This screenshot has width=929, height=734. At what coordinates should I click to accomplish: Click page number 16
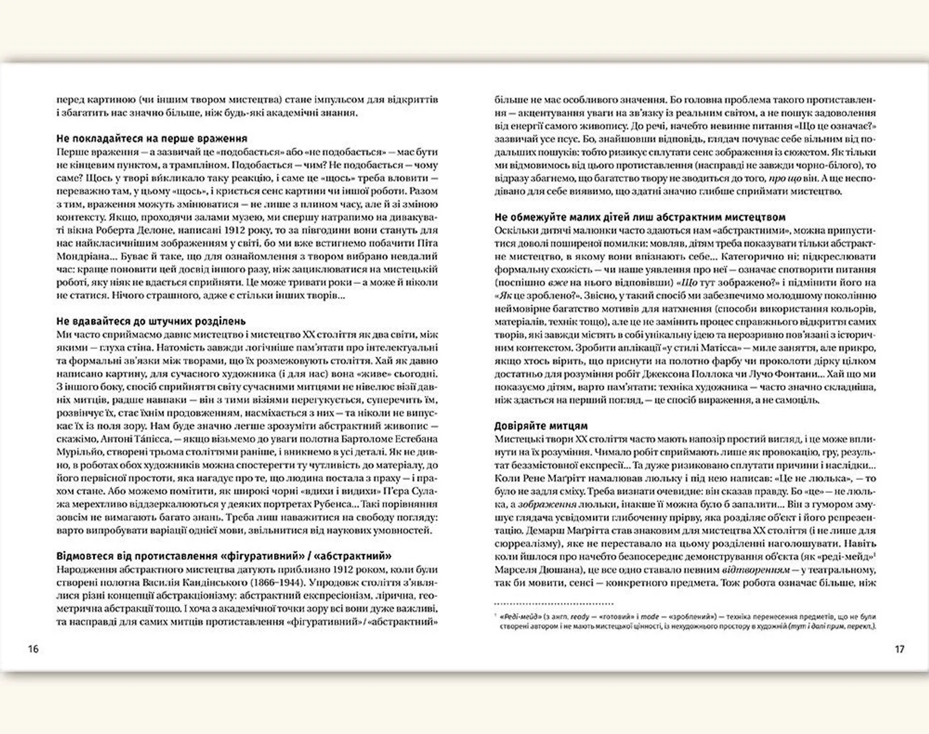pyautogui.click(x=33, y=649)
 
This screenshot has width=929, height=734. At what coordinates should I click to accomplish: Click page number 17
pyautogui.click(x=899, y=649)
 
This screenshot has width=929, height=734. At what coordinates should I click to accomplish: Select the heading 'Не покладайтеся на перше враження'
pyautogui.click(x=151, y=139)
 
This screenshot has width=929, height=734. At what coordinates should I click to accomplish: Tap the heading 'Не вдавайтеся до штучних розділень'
pyautogui.click(x=151, y=321)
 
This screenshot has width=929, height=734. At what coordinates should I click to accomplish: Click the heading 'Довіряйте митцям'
pyautogui.click(x=541, y=426)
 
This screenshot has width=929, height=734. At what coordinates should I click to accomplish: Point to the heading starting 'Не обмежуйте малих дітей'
pyautogui.click(x=640, y=217)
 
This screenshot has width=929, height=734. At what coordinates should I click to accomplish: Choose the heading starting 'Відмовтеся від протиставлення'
pyautogui.click(x=224, y=556)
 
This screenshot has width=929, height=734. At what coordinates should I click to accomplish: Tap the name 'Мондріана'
pyautogui.click(x=77, y=256)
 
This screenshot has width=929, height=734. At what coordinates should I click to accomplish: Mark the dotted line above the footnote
pyautogui.click(x=554, y=603)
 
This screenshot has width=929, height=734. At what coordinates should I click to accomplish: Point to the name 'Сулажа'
pyautogui.click(x=420, y=492)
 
